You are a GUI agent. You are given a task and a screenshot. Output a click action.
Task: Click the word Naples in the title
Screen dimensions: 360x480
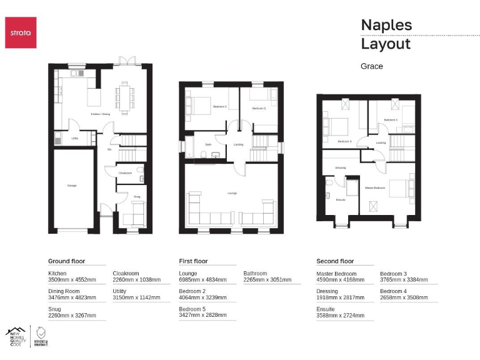click(x=386, y=25)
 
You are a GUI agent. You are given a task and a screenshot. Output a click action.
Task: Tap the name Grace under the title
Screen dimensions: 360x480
click(x=372, y=66)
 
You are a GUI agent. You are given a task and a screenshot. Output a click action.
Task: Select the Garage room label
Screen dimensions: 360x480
click(x=72, y=186)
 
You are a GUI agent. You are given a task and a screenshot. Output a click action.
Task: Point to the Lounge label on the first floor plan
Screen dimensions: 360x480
click(x=232, y=193)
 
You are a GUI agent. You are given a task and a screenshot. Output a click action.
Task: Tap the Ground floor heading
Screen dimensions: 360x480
click(x=66, y=261)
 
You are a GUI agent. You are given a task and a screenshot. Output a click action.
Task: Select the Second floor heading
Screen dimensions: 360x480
click(x=336, y=261)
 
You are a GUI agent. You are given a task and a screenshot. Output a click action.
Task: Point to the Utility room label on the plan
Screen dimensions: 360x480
click(x=74, y=139)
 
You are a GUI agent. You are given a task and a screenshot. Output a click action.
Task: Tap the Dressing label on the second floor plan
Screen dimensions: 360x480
click(x=341, y=167)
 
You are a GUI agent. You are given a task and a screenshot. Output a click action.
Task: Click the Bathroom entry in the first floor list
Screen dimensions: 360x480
click(x=255, y=273)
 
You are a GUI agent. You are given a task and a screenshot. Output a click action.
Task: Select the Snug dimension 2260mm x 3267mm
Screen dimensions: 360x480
click(x=72, y=316)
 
